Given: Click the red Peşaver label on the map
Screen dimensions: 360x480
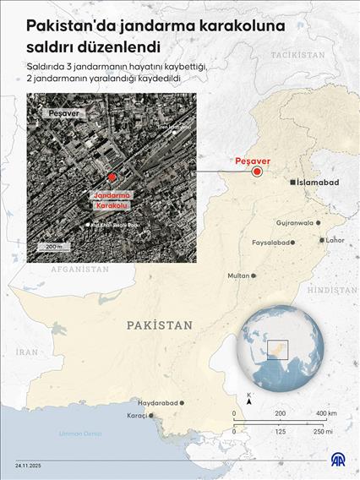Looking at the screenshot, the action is pyautogui.click(x=253, y=161).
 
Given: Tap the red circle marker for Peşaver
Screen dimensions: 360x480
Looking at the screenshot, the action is pyautogui.click(x=258, y=172).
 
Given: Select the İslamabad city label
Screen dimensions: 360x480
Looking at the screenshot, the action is pyautogui.click(x=319, y=183).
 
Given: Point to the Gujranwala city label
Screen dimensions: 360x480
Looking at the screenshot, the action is pyautogui.click(x=294, y=223).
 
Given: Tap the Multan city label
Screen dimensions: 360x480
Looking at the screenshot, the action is pyautogui.click(x=239, y=276).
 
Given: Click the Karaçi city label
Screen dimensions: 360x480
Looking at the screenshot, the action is pyautogui.click(x=136, y=416).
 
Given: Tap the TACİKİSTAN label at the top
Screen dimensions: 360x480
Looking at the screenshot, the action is pyautogui.click(x=297, y=53).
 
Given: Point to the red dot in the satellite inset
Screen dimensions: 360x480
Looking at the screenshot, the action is pyautogui.click(x=111, y=177).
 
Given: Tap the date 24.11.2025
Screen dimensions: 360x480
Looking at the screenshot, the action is pyautogui.click(x=29, y=466).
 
